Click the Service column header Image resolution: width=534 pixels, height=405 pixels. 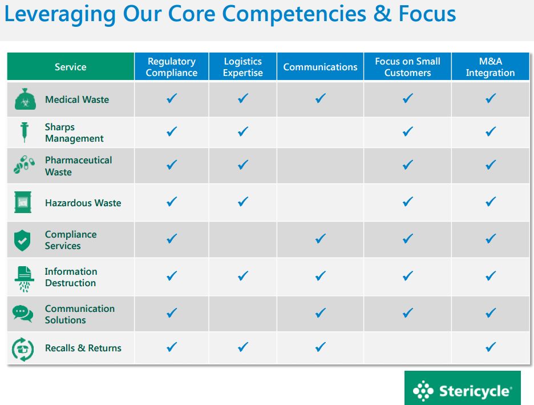click(x=71, y=66)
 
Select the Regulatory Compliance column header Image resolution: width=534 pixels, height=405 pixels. click(x=171, y=66)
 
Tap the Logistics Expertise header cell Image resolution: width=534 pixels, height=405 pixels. click(x=243, y=66)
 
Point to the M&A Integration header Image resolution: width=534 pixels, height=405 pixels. click(x=491, y=66)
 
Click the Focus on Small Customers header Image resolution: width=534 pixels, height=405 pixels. click(x=408, y=66)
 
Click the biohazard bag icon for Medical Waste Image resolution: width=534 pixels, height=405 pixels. click(x=25, y=99)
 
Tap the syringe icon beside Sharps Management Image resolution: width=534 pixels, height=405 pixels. click(x=24, y=132)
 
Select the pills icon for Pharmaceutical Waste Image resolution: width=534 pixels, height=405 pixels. click(x=24, y=165)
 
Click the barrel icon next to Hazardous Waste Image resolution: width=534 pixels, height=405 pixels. click(x=23, y=202)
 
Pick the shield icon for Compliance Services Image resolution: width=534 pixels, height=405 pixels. click(x=22, y=240)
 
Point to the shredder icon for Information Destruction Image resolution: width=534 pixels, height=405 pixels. click(x=24, y=279)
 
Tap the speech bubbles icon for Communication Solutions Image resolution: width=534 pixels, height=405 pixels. click(x=23, y=314)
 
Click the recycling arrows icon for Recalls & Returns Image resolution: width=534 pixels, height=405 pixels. click(x=23, y=349)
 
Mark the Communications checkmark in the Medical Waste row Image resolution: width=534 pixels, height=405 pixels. click(x=321, y=98)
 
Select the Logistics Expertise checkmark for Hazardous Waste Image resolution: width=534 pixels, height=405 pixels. click(x=243, y=202)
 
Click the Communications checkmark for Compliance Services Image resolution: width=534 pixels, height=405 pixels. click(x=321, y=238)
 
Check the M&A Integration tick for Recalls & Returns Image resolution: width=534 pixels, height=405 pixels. click(x=491, y=347)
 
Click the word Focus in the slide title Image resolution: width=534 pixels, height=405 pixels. click(x=427, y=14)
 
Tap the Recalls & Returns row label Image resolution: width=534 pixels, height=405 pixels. click(x=83, y=348)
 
